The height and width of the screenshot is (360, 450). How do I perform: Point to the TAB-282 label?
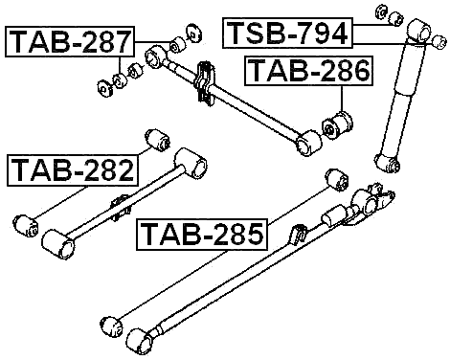(x=73, y=170)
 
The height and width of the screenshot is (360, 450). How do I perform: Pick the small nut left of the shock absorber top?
(x=379, y=13)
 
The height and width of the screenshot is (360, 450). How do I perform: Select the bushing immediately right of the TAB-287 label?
(x=177, y=45)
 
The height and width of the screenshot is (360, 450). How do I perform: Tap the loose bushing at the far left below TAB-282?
(x=26, y=226)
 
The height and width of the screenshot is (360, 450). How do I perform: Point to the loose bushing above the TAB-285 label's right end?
(x=334, y=181)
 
